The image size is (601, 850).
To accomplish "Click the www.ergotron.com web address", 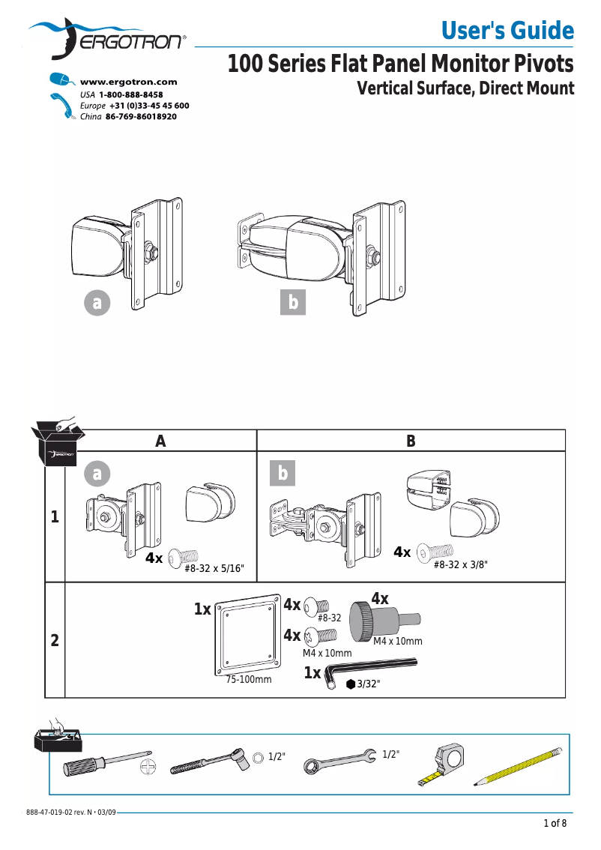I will [128, 82].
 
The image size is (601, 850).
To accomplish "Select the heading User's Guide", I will [507, 31].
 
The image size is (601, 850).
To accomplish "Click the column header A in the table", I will [160, 441].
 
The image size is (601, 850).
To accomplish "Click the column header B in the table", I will [410, 441].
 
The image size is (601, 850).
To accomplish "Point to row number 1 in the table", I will [55, 517].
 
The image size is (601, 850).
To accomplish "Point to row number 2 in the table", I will [55, 641].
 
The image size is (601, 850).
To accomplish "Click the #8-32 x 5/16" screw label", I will [214, 568].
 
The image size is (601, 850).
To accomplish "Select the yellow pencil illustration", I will [518, 766].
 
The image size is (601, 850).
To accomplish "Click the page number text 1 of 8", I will [555, 825].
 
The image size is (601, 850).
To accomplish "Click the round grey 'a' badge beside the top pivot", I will [96, 303].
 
